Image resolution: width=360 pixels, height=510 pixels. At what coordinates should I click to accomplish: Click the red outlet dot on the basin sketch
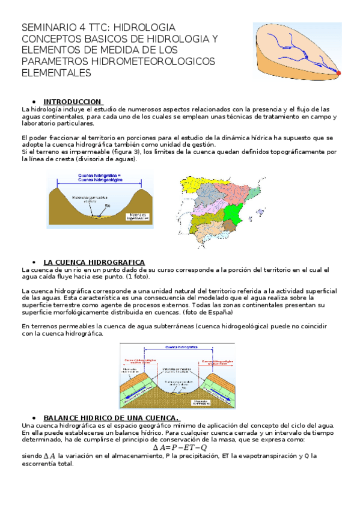coord(338,73)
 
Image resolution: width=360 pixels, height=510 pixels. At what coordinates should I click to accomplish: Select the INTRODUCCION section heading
coord(72,102)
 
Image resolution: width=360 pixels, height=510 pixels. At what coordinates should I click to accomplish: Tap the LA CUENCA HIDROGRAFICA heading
coord(94,262)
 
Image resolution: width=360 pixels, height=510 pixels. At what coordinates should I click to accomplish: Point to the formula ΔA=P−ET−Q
coord(180,447)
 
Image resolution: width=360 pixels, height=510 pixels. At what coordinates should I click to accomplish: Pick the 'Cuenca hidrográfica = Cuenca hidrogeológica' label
coord(100,177)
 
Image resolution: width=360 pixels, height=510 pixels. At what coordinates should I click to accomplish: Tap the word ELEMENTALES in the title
coord(56,73)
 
